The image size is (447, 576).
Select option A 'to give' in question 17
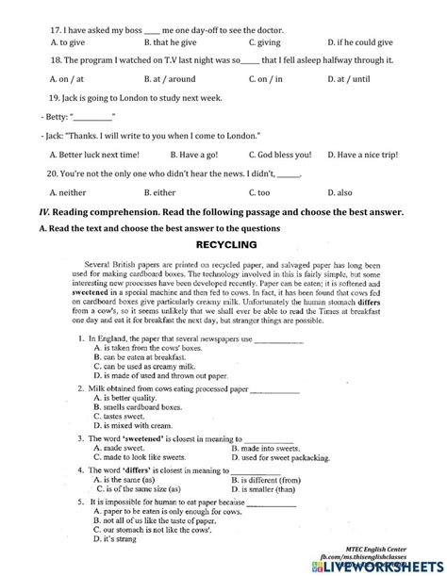[65, 42]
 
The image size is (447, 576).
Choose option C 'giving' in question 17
[267, 42]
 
